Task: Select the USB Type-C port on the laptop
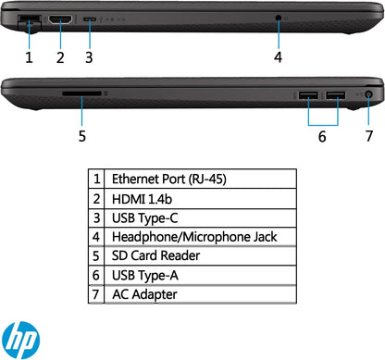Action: point(89,19)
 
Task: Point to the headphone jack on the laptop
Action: point(278,19)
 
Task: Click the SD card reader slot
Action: point(81,93)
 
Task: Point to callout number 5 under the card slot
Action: point(81,136)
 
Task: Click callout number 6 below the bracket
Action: point(322,136)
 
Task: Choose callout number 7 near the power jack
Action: point(368,136)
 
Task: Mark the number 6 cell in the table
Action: point(97,275)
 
